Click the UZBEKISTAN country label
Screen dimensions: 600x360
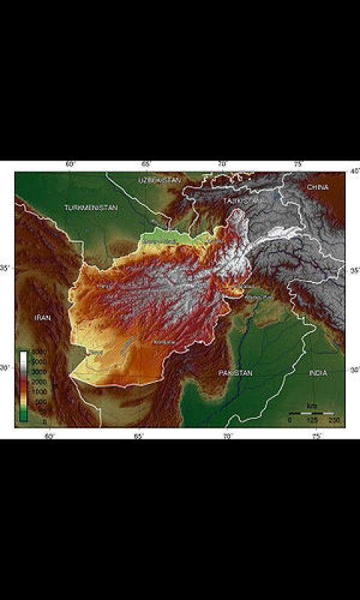[160, 180]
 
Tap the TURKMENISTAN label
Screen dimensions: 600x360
[91, 207]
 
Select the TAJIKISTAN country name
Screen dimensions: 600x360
[242, 200]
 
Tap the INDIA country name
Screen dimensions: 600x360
[318, 373]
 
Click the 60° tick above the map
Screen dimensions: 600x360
[71, 164]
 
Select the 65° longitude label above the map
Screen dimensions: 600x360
[145, 164]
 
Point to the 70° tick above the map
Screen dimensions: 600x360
[222, 164]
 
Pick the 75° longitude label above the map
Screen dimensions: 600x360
[298, 164]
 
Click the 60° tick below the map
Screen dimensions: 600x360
[49, 435]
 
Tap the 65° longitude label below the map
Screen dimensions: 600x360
[139, 435]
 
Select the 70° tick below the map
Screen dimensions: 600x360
[228, 435]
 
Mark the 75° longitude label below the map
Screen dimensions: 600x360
[317, 435]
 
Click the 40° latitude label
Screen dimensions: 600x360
[352, 172]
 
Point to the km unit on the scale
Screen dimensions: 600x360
[311, 406]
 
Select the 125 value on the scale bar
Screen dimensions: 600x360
[311, 420]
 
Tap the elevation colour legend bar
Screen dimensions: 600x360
[24, 386]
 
